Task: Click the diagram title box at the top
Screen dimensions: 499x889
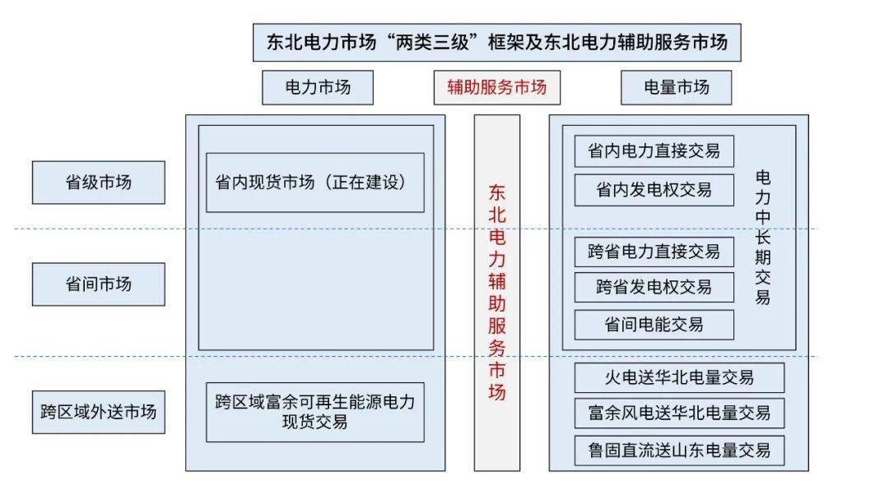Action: [496, 43]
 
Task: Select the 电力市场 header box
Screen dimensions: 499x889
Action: [317, 87]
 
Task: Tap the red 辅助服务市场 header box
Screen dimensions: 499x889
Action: [496, 87]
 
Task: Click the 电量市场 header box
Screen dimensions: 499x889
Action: [676, 87]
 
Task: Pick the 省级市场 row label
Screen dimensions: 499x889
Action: [98, 183]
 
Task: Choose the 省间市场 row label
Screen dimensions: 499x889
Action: [98, 284]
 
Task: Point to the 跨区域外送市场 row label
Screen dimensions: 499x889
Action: [98, 411]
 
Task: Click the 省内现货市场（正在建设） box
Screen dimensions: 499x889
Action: [314, 183]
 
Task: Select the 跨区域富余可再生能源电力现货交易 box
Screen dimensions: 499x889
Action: [314, 412]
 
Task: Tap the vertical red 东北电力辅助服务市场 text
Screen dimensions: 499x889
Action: [497, 292]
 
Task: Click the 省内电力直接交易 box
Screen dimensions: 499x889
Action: [654, 151]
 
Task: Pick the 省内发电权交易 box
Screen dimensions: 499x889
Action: [654, 190]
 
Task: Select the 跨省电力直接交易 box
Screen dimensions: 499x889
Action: [654, 252]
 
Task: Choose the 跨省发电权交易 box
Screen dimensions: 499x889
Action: [654, 288]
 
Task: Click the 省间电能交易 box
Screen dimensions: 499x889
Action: [654, 325]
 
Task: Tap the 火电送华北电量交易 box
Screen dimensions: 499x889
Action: [679, 377]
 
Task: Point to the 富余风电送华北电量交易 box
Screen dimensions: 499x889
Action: [679, 414]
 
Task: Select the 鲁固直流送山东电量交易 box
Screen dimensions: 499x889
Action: [679, 450]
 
